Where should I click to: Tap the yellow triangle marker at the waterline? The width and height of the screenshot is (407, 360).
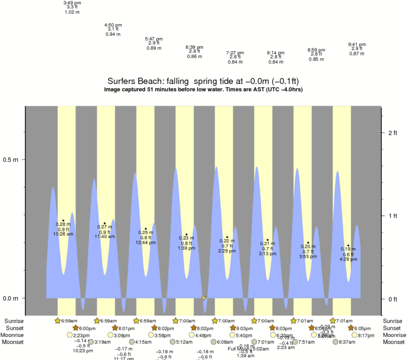pos(204,298)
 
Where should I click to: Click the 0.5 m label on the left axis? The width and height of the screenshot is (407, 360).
pos(11,160)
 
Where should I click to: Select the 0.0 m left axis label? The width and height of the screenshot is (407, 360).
pos(11,298)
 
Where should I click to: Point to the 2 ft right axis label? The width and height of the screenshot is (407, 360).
pos(392,132)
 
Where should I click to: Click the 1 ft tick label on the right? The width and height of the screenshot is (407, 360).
pos(392,216)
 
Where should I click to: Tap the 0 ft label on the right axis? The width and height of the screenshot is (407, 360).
pos(392,299)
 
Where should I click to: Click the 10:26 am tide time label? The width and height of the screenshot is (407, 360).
pos(63,234)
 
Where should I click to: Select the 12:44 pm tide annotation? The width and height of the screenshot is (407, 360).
pos(146,242)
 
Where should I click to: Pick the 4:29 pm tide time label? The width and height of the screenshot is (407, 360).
pos(348,259)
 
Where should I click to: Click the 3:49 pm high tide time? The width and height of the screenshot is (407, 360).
pos(72,3)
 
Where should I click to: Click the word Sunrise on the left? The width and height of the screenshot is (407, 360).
pos(15,321)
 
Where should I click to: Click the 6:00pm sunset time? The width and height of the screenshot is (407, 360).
pos(87,328)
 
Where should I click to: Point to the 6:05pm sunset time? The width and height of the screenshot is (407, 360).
pos(362,328)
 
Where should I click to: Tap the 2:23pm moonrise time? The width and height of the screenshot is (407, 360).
pos(82,335)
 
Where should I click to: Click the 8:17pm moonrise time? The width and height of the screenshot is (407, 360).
pos(366,335)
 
